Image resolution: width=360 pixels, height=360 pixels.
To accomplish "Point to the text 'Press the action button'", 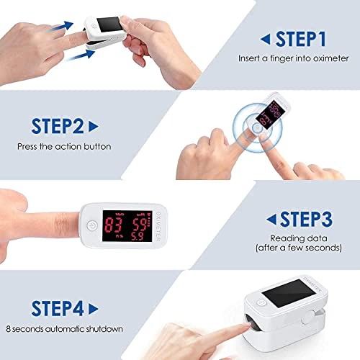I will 65,146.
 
